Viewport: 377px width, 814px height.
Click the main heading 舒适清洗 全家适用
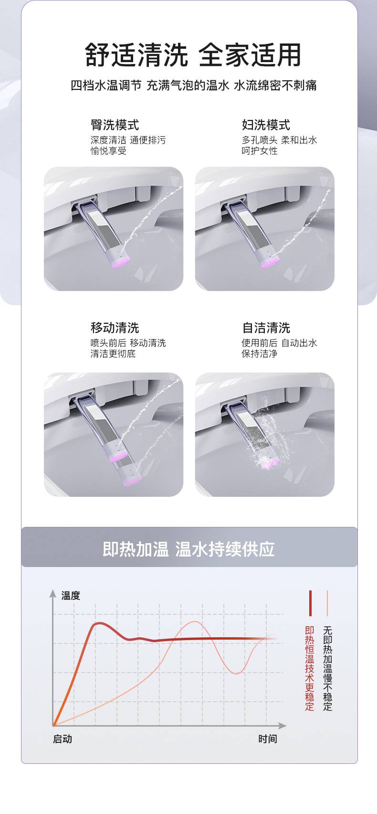pyautogui.click(x=193, y=55)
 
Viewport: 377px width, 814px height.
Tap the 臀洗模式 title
pyautogui.click(x=115, y=125)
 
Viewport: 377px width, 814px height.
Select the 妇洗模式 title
pyautogui.click(x=266, y=125)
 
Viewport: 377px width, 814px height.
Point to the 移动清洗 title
pyautogui.click(x=115, y=327)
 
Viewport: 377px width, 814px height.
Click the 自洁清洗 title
pyautogui.click(x=266, y=327)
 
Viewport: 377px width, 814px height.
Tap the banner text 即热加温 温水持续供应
pyautogui.click(x=188, y=549)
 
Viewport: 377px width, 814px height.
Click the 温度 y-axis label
pyautogui.click(x=71, y=596)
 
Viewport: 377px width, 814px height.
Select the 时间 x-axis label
pyautogui.click(x=268, y=739)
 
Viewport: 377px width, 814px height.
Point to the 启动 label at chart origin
pyautogui.click(x=63, y=739)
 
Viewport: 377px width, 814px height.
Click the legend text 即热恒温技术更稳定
pyautogui.click(x=309, y=668)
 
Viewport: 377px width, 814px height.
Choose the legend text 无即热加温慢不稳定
pyautogui.click(x=327, y=668)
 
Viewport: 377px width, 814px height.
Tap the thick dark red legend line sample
pyautogui.click(x=310, y=603)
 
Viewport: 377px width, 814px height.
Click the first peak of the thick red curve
pyautogui.click(x=99, y=623)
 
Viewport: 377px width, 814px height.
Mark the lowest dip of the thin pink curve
pyautogui.click(x=236, y=673)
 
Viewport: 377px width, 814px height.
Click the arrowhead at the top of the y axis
pyautogui.click(x=53, y=593)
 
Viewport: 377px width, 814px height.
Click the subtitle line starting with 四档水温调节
pyautogui.click(x=194, y=86)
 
